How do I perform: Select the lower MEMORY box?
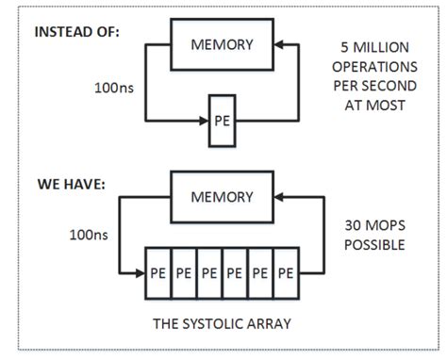223,197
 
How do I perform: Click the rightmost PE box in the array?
284,271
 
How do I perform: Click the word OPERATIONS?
376,67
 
